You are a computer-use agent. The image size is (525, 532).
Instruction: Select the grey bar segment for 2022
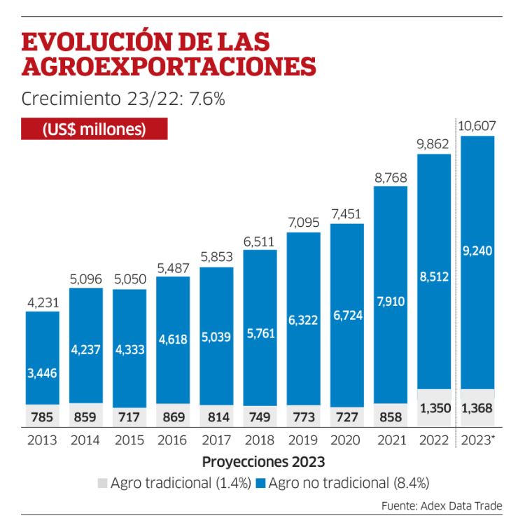click(x=434, y=407)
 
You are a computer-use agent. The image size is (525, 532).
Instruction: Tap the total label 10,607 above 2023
click(x=477, y=126)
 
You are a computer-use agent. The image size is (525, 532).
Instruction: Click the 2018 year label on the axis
click(x=260, y=440)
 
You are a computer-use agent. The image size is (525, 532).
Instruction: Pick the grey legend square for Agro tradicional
click(x=102, y=483)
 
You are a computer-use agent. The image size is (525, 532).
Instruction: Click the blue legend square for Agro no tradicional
click(x=260, y=483)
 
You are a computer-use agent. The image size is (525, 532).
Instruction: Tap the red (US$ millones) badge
click(x=94, y=129)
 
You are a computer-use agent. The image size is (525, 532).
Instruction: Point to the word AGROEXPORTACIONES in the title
click(x=169, y=67)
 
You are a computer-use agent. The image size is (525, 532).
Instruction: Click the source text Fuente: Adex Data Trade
click(x=442, y=506)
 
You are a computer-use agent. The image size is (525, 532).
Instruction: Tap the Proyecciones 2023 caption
click(x=263, y=462)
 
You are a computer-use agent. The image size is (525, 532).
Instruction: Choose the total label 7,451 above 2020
click(x=346, y=213)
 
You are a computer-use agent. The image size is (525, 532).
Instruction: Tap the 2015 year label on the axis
click(x=129, y=440)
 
